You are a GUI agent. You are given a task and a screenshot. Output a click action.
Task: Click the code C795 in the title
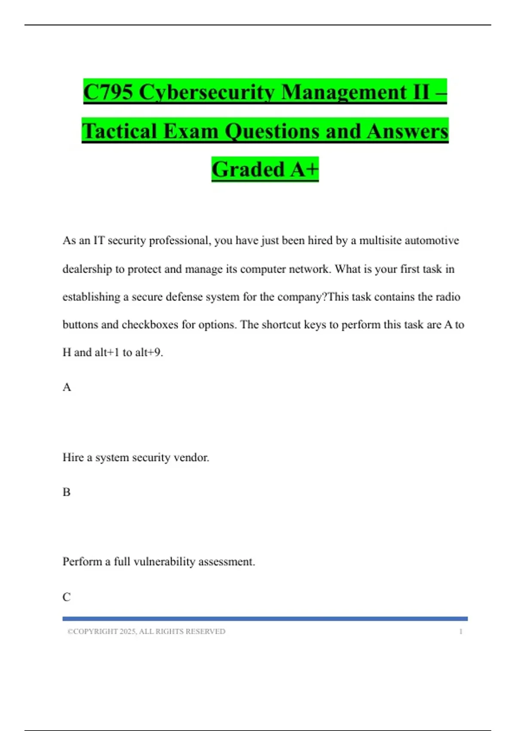(108, 92)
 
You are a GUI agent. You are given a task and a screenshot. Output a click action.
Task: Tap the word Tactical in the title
(120, 131)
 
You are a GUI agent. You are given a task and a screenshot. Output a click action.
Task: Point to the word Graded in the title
(248, 169)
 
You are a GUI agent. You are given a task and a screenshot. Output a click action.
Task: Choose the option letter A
(67, 387)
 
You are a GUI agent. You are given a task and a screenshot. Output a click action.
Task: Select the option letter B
(67, 492)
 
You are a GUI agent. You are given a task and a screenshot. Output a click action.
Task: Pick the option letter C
(67, 597)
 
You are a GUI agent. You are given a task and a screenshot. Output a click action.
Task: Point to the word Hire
(73, 458)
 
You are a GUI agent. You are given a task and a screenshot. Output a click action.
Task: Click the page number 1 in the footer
(461, 632)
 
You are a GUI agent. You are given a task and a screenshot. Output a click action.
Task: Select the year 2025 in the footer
(128, 632)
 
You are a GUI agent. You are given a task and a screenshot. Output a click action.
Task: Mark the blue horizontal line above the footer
(265, 619)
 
